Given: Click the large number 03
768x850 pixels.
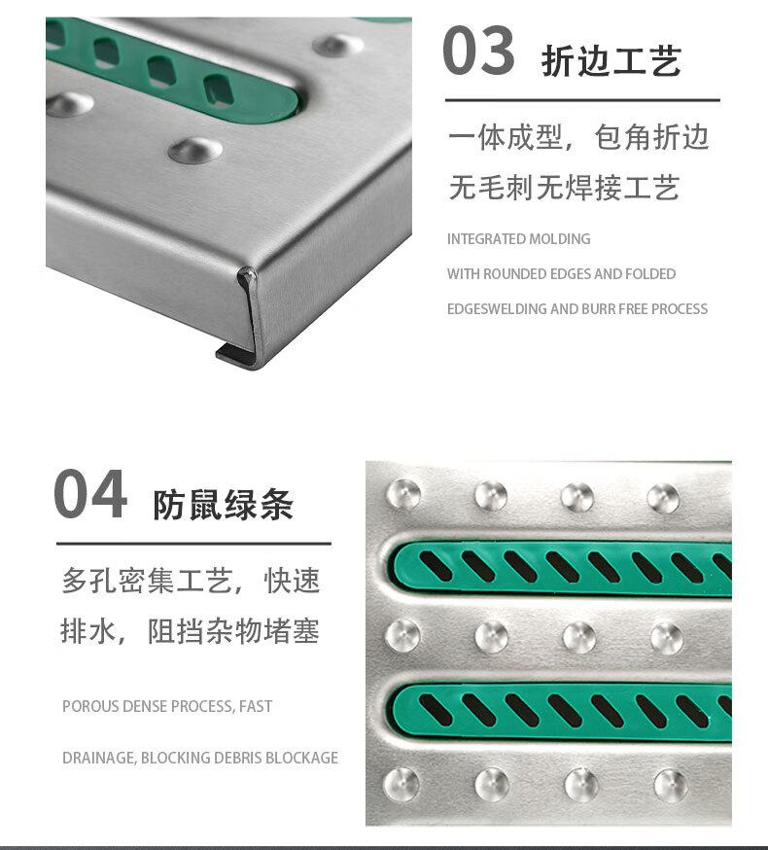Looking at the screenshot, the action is pyautogui.click(x=478, y=51).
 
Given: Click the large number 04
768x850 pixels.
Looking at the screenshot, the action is pyautogui.click(x=90, y=494).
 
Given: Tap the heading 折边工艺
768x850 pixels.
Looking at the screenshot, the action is pyautogui.click(x=611, y=60).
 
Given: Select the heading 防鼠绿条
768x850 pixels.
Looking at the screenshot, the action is pyautogui.click(x=223, y=505).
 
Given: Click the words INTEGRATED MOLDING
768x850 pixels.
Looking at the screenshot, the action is pyautogui.click(x=519, y=239).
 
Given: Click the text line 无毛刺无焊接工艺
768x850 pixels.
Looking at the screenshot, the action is pyautogui.click(x=564, y=188).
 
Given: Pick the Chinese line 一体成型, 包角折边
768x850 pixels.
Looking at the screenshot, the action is pyautogui.click(x=578, y=136).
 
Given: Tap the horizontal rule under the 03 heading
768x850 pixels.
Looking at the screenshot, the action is pyautogui.click(x=582, y=100).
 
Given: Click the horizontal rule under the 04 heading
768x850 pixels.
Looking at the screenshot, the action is pyautogui.click(x=194, y=544).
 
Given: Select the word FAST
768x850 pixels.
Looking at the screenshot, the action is pyautogui.click(x=256, y=706).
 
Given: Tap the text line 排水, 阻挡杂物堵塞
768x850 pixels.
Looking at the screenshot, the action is pyautogui.click(x=190, y=631).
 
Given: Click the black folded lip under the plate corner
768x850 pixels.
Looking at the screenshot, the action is pyautogui.click(x=234, y=353).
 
